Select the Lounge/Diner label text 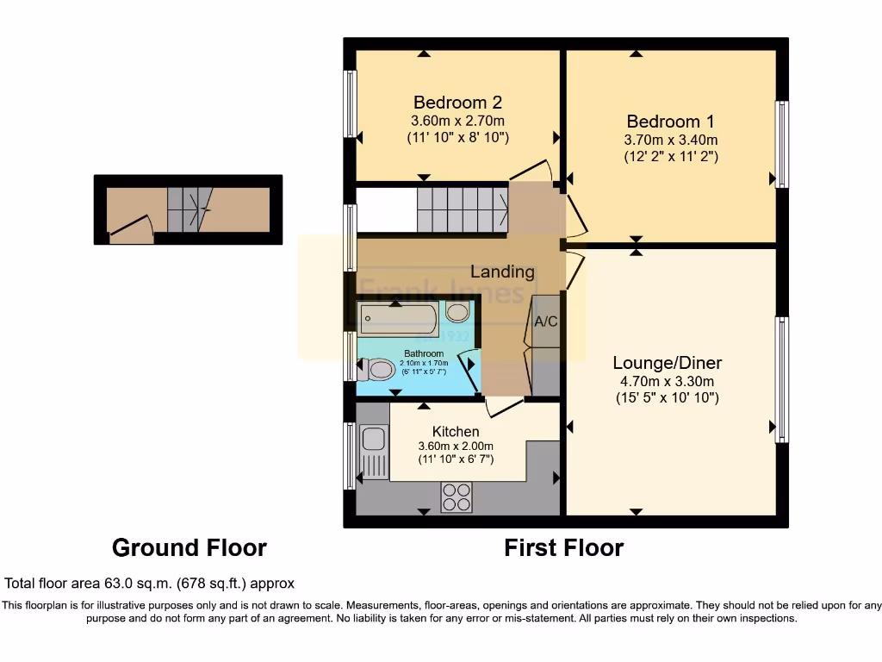[667, 363]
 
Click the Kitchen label [456, 431]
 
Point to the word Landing [502, 272]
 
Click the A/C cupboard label [546, 322]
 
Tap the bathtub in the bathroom [399, 320]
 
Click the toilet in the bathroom [377, 370]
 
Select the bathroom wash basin [457, 312]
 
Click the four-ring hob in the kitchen [457, 496]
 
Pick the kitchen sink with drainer [373, 452]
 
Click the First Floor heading [563, 547]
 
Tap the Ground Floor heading [189, 547]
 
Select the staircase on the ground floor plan [189, 209]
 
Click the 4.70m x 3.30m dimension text [667, 381]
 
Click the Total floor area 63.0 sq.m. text [150, 583]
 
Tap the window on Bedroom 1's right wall [781, 144]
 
